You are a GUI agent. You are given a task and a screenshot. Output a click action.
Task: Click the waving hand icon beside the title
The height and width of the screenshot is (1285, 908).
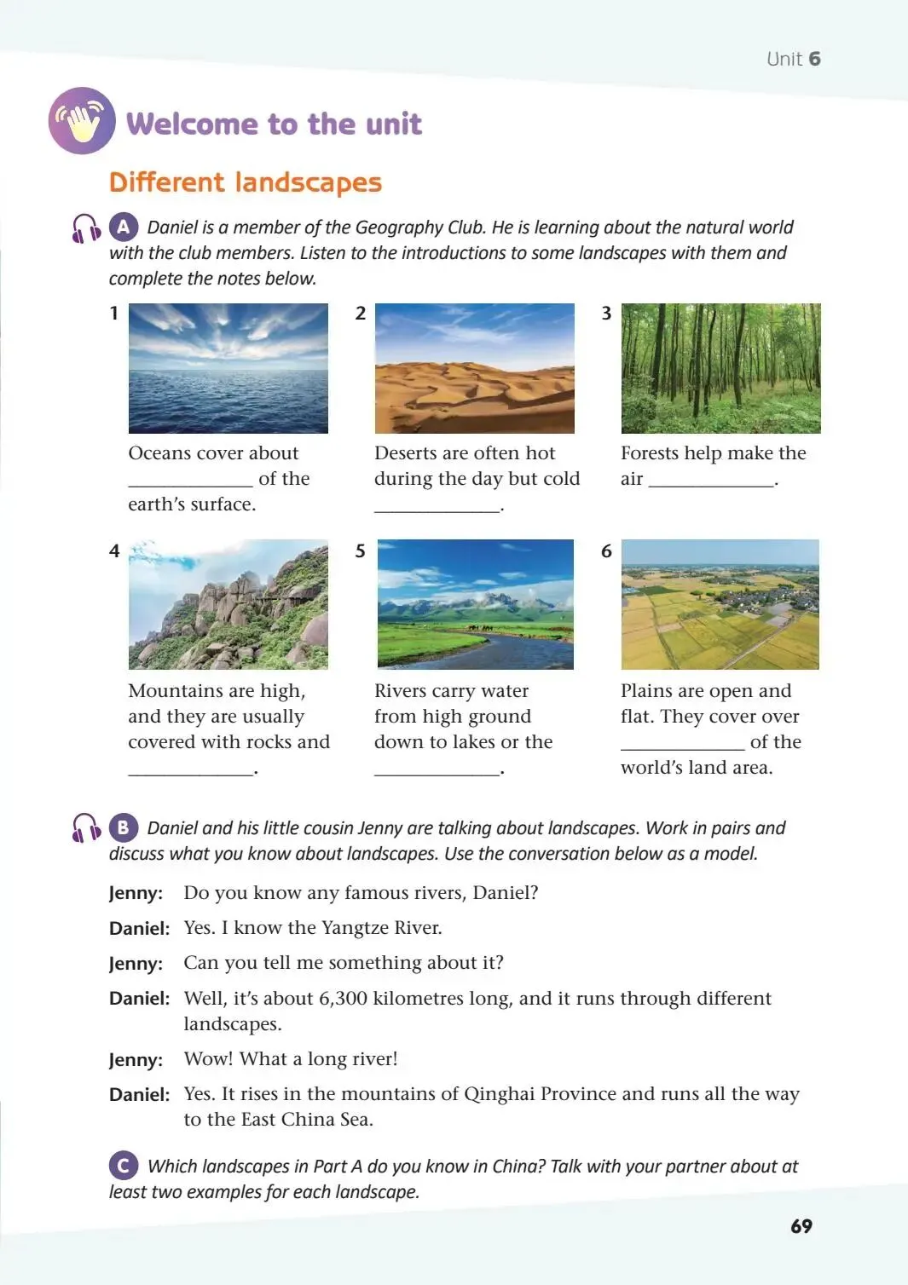click(82, 121)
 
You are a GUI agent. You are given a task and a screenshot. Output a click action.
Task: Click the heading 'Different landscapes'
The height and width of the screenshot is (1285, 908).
click(246, 182)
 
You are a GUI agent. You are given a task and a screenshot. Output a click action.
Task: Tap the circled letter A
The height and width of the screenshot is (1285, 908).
click(124, 227)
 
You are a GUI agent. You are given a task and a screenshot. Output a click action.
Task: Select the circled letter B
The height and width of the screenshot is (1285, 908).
click(124, 827)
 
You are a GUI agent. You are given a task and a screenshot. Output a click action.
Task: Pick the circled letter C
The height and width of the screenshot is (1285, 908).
click(124, 1165)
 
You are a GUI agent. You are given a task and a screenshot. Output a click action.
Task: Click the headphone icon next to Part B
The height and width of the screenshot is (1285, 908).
click(86, 827)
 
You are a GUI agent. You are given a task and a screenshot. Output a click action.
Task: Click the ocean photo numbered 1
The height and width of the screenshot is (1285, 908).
click(228, 368)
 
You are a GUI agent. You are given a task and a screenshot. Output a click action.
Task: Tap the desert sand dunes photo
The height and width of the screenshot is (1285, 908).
click(475, 368)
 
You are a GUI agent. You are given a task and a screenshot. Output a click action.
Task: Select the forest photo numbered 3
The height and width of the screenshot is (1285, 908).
click(720, 368)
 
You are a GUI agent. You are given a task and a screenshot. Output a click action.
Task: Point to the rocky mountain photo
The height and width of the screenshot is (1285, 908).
click(228, 604)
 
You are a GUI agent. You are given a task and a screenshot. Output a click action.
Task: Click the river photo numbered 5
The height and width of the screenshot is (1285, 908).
click(475, 604)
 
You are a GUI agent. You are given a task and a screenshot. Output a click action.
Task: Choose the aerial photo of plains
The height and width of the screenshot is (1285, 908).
click(720, 604)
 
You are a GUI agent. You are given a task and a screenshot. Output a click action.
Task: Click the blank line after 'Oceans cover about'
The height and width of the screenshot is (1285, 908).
click(190, 483)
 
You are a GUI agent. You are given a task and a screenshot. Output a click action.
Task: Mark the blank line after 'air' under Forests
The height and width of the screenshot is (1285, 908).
click(711, 483)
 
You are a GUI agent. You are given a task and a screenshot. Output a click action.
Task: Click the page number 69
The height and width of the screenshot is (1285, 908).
click(801, 1226)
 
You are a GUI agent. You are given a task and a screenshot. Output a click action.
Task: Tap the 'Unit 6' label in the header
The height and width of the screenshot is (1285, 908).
click(793, 59)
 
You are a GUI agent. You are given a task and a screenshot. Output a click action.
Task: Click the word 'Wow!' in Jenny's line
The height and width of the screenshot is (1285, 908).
click(209, 1059)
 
